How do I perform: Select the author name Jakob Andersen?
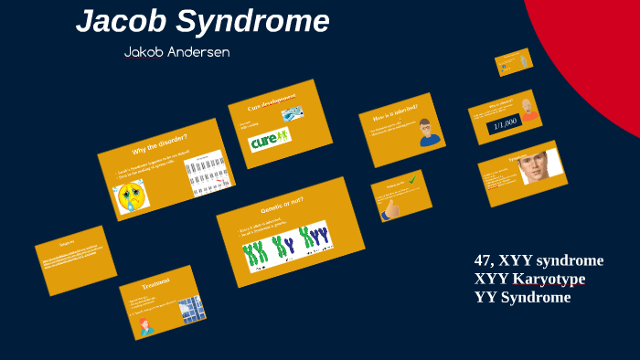[176, 52]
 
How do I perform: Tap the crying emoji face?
[131, 196]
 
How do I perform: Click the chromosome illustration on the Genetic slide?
[286, 245]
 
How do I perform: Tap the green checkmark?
[413, 180]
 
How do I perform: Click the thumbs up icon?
[392, 209]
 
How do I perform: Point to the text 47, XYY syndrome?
[539, 260]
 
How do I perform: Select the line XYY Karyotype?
[530, 279]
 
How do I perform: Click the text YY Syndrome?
[522, 297]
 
